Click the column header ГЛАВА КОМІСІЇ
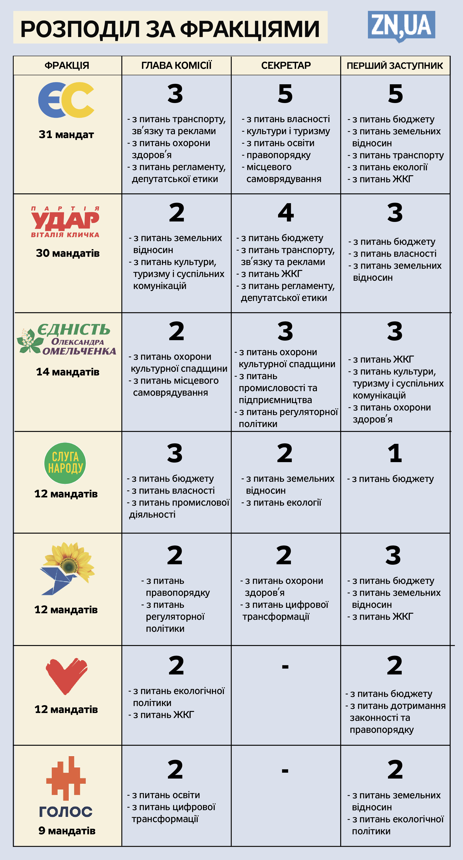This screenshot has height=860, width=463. [176, 65]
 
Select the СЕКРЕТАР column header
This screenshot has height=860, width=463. [286, 65]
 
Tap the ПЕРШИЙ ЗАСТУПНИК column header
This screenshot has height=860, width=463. [395, 65]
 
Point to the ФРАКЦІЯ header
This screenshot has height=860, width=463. [67, 65]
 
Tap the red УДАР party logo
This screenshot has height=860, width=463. [65, 221]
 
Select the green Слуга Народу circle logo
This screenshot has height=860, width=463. [65, 463]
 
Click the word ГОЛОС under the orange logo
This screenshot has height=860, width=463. [66, 812]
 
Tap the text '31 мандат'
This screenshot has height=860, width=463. [66, 135]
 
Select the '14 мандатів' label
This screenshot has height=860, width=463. [68, 372]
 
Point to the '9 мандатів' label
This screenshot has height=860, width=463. [67, 831]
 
